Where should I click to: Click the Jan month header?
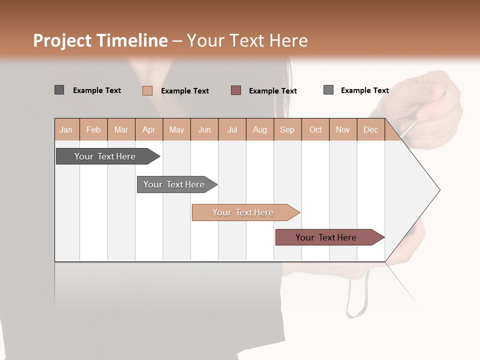[66, 129]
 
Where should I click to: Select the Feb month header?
[93, 129]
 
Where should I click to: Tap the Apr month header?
[149, 129]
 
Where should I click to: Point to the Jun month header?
[204, 129]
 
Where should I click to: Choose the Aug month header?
[260, 129]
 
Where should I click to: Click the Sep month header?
[287, 129]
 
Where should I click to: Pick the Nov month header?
[343, 129]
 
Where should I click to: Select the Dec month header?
[371, 129]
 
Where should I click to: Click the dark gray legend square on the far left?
[59, 90]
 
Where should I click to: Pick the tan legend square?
[147, 90]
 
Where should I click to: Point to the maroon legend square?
[236, 90]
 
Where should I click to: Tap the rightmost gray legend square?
[328, 90]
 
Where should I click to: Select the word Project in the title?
[62, 40]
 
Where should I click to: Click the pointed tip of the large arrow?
[438, 190]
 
